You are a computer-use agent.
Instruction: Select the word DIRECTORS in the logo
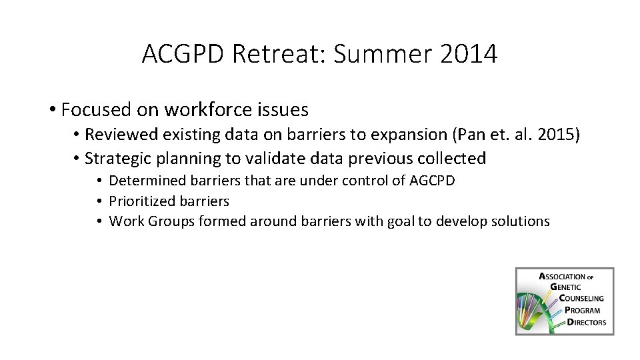click(x=587, y=322)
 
